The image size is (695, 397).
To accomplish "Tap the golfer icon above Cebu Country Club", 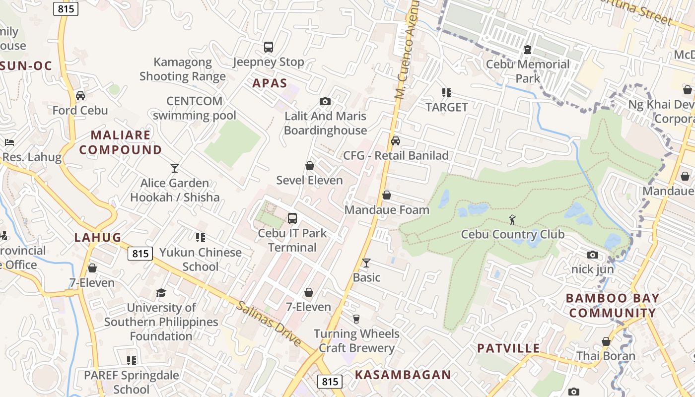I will click(512, 219).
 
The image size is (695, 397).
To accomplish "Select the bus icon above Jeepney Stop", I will click(269, 47).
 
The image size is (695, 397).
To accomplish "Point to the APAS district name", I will click(270, 83).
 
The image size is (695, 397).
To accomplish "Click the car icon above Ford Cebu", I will click(80, 95).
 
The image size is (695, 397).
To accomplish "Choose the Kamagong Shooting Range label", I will click(183, 69).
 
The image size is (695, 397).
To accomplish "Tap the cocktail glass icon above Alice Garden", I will click(175, 168).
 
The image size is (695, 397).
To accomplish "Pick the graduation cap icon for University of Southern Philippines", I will click(161, 293).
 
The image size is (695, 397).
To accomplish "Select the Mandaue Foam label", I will click(387, 210).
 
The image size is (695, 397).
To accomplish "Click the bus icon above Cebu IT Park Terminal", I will click(292, 218).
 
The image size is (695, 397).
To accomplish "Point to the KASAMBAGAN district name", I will click(403, 375).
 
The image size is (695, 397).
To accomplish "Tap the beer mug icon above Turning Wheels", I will click(356, 319).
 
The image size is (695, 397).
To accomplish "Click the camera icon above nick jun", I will click(593, 255).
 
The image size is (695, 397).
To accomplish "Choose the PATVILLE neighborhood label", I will click(508, 348).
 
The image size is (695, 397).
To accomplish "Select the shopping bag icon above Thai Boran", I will click(606, 341).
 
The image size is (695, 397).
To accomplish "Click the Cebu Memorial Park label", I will click(528, 71).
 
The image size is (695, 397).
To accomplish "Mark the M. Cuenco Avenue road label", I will click(407, 50).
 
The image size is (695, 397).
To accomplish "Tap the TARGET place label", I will click(447, 107).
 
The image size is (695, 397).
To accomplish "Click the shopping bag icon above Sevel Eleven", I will click(310, 165).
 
